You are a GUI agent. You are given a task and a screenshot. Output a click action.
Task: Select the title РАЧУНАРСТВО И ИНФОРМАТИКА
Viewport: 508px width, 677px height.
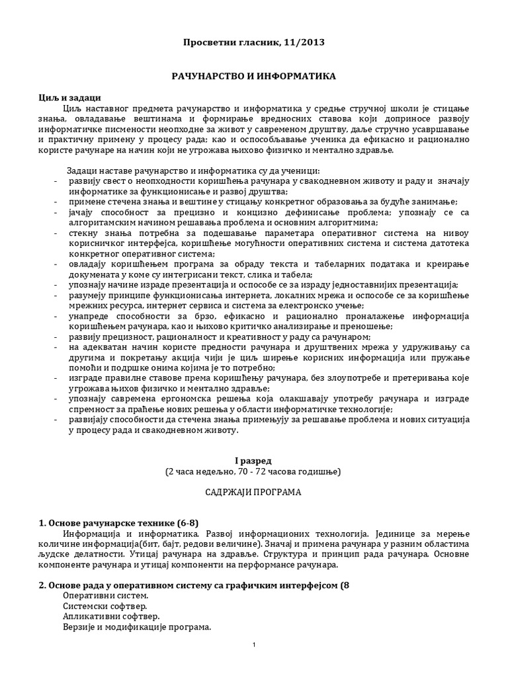coord(254,77)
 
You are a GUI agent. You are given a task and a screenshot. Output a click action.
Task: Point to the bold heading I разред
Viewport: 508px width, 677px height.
coord(253,459)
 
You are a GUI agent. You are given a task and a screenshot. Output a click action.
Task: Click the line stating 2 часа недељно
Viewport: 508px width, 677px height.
coord(253,471)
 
